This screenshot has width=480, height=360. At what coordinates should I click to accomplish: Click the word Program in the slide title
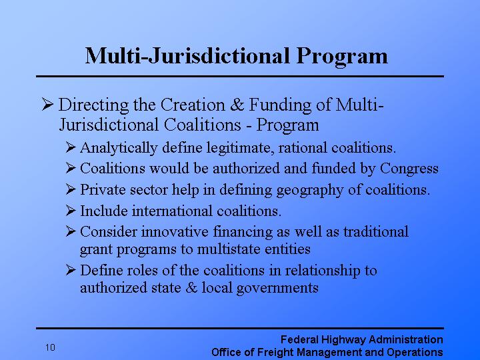[x=343, y=55]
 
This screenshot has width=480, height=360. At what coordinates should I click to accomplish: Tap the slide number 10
[x=51, y=347]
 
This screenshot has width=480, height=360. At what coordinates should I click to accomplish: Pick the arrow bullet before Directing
[x=47, y=105]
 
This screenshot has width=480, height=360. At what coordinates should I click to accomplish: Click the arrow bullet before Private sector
[x=71, y=190]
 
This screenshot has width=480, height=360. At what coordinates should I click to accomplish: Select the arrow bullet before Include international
[x=71, y=211]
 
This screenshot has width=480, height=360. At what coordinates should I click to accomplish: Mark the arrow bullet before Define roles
[x=71, y=271]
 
